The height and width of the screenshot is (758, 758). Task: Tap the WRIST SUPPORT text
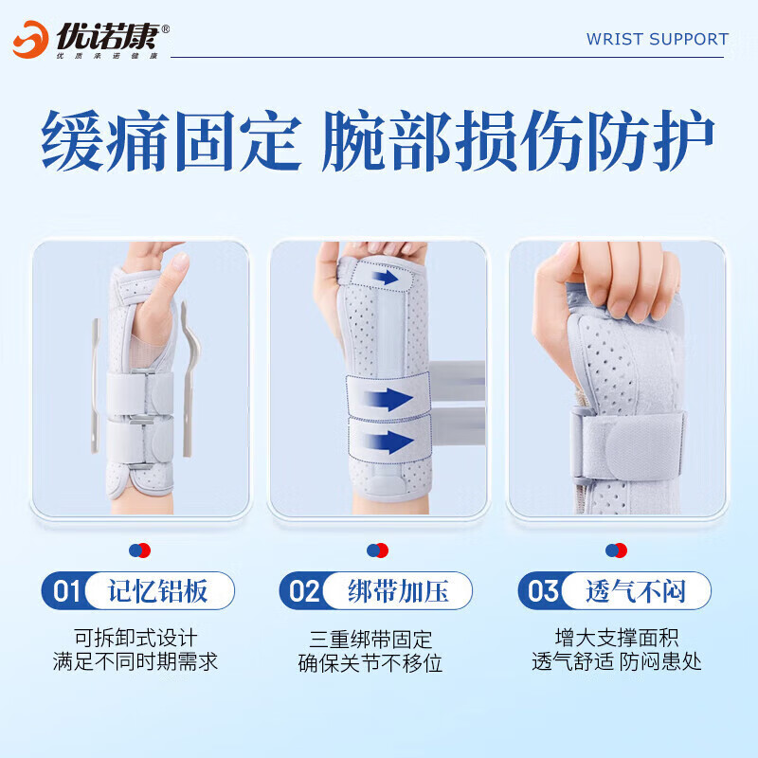point(657,39)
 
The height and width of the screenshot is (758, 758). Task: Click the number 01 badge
point(65,592)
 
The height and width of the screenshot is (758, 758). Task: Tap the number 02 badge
point(304,592)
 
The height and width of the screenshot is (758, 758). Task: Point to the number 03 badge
point(543,592)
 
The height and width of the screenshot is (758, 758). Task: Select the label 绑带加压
point(397,592)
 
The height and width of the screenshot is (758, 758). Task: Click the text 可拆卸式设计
point(135,638)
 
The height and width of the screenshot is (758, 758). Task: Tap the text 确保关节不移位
point(370,662)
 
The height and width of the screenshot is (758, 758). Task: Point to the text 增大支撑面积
point(617,638)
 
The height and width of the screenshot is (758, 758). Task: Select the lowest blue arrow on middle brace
point(388,439)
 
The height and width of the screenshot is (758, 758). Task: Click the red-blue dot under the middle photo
point(378,550)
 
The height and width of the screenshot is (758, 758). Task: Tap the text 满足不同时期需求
point(135,662)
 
